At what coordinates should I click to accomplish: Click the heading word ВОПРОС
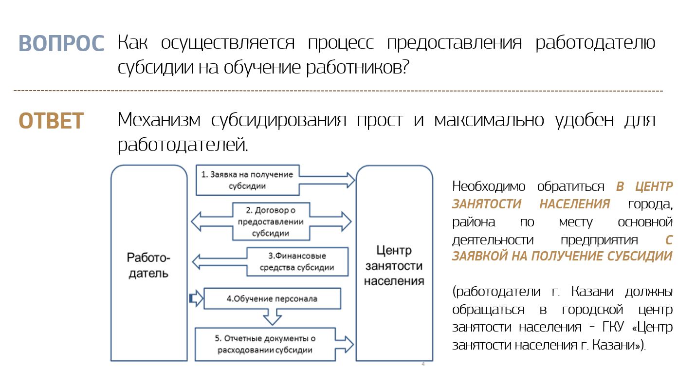(x=61, y=43)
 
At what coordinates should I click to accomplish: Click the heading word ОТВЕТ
(x=51, y=121)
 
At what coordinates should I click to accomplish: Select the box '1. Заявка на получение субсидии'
(x=247, y=180)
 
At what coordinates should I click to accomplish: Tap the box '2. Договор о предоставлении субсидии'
(x=271, y=222)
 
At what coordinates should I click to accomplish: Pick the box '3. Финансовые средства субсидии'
(x=297, y=262)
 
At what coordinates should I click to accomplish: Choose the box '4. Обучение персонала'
(x=272, y=298)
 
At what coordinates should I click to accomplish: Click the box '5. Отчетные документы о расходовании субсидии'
(x=265, y=344)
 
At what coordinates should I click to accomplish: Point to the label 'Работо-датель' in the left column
(x=148, y=265)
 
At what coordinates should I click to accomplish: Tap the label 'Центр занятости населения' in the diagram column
(x=394, y=265)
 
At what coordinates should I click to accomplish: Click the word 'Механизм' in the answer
(x=159, y=120)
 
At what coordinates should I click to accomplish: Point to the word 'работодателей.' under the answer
(x=183, y=145)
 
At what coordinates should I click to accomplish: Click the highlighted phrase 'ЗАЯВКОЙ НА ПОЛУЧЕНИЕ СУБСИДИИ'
(x=562, y=256)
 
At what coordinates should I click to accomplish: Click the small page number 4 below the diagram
(x=422, y=364)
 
